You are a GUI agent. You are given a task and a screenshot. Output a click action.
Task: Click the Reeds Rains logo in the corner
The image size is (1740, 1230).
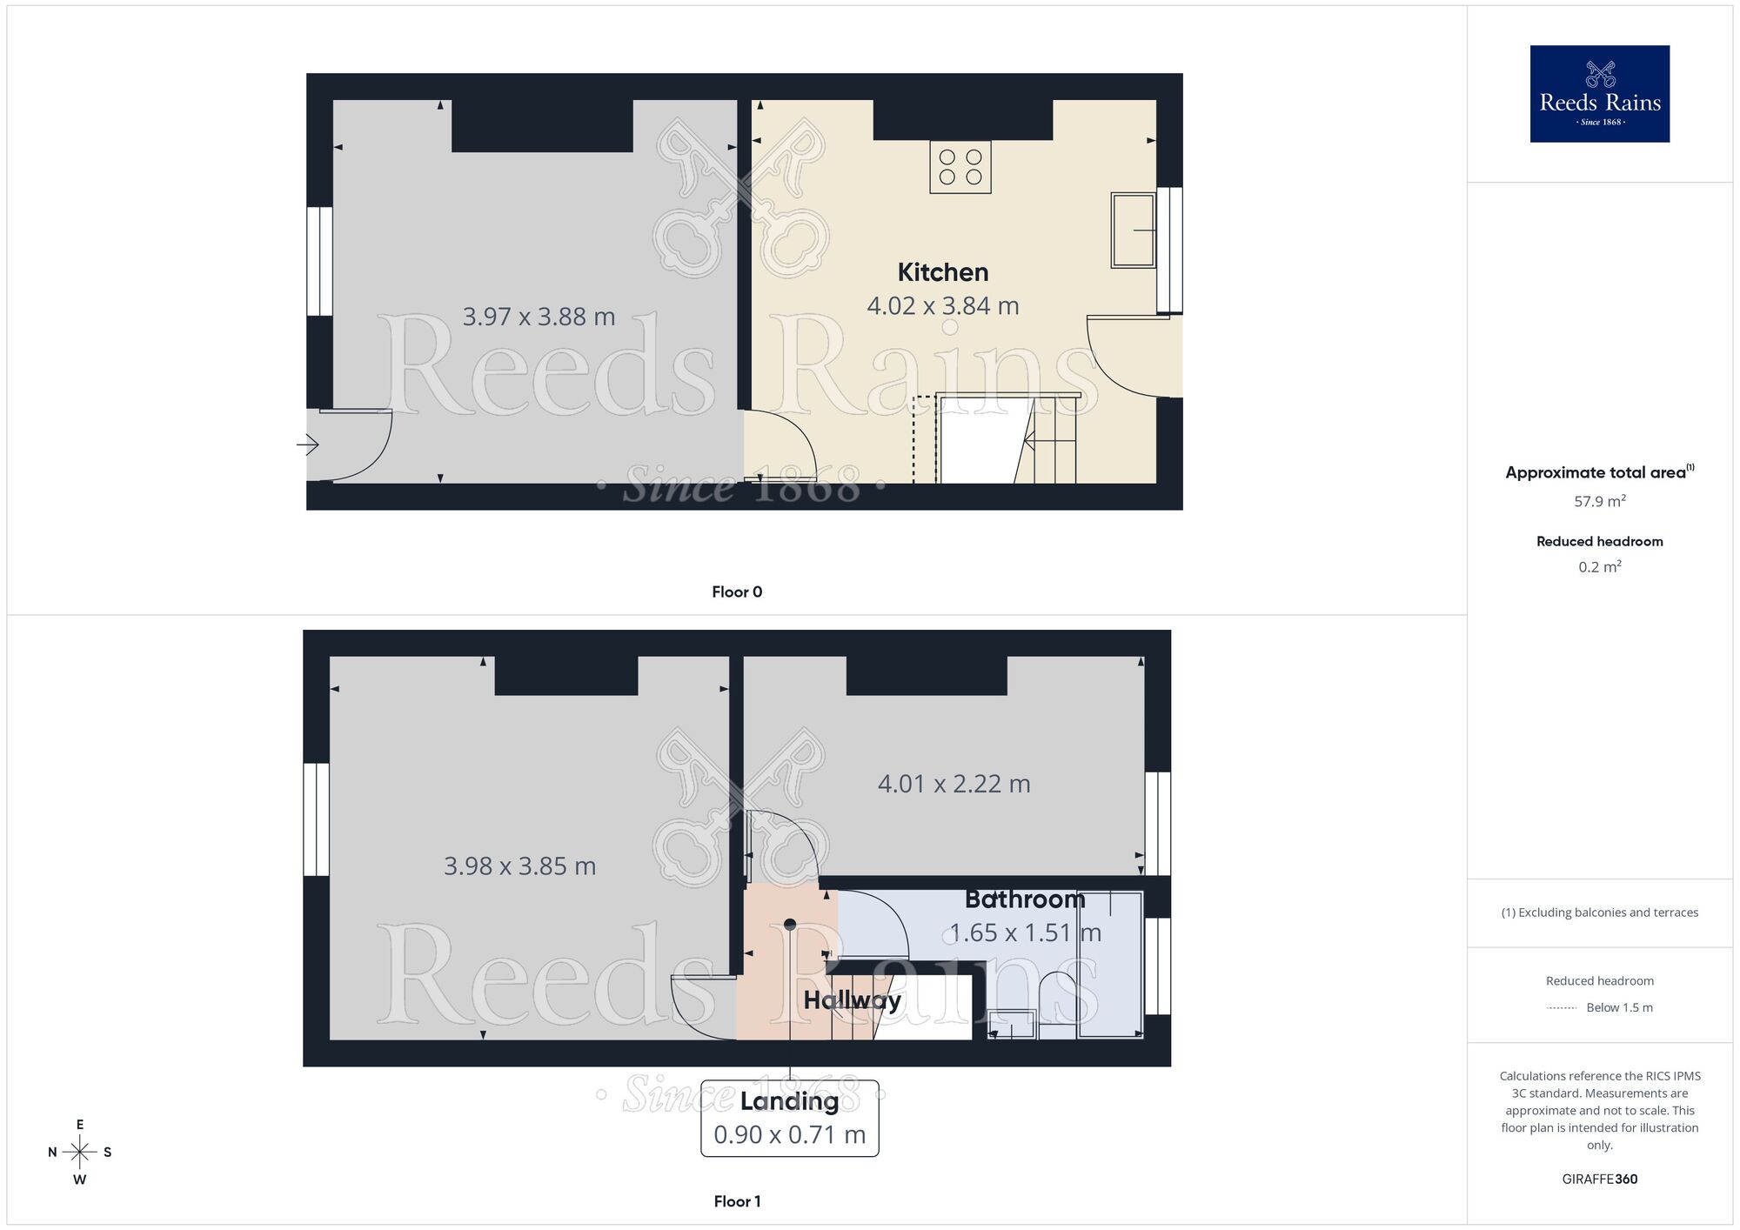click(x=1599, y=94)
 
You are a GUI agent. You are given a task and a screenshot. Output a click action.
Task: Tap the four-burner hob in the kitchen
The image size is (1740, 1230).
click(x=960, y=167)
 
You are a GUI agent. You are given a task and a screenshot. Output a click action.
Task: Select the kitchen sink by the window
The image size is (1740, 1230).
click(x=1133, y=230)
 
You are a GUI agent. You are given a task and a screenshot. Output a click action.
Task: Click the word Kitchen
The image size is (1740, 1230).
click(x=943, y=272)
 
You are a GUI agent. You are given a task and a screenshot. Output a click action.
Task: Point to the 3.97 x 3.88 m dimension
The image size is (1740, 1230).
click(x=539, y=317)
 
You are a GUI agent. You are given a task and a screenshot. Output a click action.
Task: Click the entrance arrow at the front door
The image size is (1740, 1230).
click(x=308, y=445)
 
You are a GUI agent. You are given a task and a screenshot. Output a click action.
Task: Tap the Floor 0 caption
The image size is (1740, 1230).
click(x=737, y=592)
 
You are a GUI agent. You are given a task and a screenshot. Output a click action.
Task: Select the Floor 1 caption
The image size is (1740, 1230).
click(x=737, y=1201)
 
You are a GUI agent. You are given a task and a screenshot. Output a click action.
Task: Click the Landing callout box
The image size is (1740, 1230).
click(x=790, y=1118)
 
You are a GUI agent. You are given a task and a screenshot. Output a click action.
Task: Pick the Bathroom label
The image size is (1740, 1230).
click(x=1025, y=899)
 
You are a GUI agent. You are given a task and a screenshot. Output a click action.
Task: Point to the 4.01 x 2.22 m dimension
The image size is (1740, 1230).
click(x=954, y=784)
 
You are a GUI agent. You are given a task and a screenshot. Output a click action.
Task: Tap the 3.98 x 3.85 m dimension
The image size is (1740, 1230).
click(x=519, y=866)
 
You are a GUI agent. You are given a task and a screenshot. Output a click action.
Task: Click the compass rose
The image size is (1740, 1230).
click(x=80, y=1153)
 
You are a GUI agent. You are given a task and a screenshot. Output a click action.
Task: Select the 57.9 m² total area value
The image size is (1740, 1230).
click(x=1599, y=501)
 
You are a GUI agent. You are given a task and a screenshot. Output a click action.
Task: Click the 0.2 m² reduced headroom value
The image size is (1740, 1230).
click(x=1599, y=567)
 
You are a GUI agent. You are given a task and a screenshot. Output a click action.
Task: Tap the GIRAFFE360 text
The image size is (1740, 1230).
click(x=1599, y=1180)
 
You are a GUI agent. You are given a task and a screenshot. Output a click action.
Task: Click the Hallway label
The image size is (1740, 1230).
click(x=852, y=1000)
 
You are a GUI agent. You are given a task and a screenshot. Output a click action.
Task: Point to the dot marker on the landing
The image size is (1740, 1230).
click(x=790, y=924)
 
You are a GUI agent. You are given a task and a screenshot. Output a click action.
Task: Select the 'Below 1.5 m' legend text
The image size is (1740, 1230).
click(x=1619, y=1007)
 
